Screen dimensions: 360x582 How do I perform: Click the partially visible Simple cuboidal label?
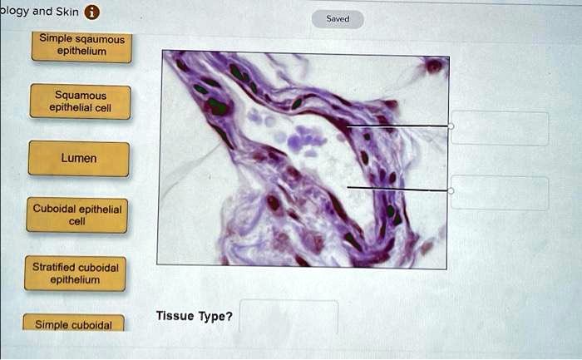coord(73,323)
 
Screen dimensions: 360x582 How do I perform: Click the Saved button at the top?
coord(338,18)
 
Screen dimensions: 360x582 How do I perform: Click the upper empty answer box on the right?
coord(500,128)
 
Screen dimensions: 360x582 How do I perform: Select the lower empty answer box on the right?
coord(500,193)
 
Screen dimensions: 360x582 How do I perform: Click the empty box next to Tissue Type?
coord(289,317)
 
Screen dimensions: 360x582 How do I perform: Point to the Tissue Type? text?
coord(194,317)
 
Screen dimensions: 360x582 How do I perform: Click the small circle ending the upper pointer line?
coord(451,126)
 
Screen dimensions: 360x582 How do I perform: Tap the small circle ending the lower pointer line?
coord(451,190)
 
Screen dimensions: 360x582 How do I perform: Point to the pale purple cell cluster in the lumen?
coord(304,141)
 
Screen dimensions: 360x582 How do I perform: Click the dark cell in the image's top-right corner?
coord(433,65)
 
